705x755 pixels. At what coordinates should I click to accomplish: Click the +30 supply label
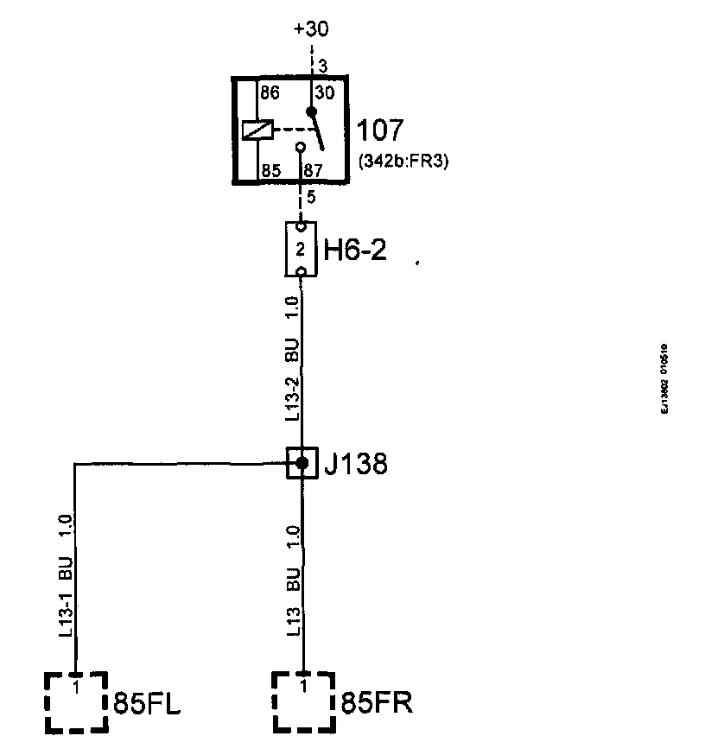[x=311, y=29]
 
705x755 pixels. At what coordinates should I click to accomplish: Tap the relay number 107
[x=379, y=131]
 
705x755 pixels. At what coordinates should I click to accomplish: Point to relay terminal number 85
[x=271, y=171]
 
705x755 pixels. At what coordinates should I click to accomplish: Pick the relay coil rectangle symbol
[x=259, y=130]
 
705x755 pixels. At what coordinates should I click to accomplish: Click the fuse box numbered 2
[x=301, y=250]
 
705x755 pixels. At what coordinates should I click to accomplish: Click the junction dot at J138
[x=302, y=463]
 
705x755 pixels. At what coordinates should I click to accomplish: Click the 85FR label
[x=378, y=703]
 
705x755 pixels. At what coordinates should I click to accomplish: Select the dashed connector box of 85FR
[x=303, y=701]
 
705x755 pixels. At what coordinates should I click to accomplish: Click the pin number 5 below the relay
[x=311, y=197]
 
